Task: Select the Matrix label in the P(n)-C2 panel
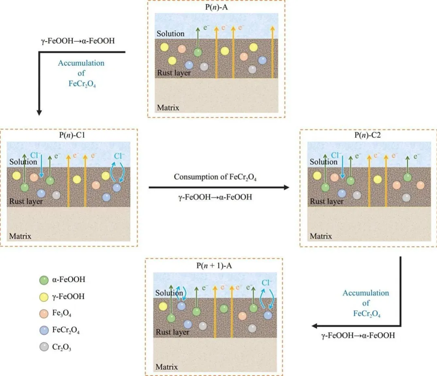(321, 236)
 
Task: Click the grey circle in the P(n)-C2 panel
(406, 197)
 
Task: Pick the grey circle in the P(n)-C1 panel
(56, 195)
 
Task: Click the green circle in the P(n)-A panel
(197, 52)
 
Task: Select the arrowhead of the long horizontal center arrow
(286, 187)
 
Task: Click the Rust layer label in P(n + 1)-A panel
(172, 332)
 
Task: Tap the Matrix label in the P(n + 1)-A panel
(167, 367)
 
